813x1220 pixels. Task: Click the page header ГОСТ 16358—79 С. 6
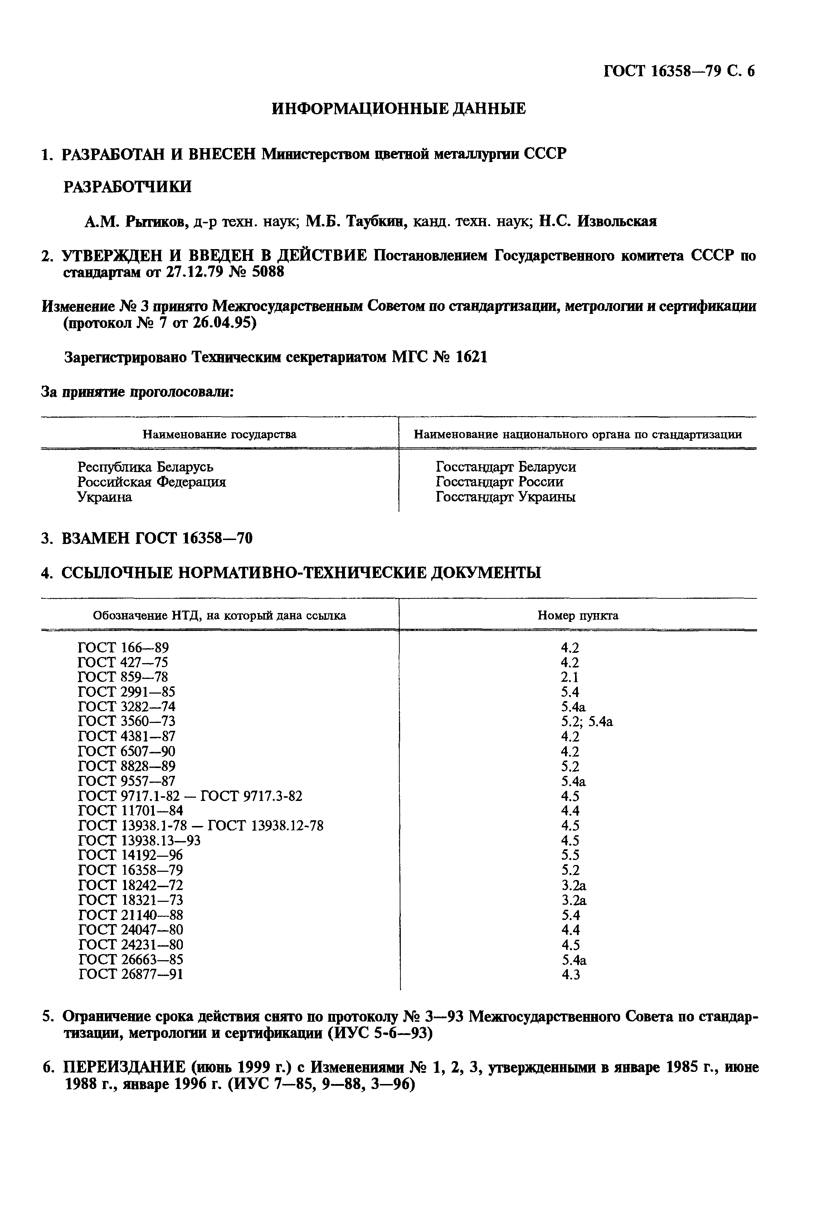coord(679,71)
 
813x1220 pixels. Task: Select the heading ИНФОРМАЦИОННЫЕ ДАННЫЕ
coord(399,109)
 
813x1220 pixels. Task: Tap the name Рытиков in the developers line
coord(156,222)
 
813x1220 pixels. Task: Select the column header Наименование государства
coord(219,434)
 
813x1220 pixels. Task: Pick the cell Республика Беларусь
coord(145,467)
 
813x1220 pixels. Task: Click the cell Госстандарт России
coord(499,482)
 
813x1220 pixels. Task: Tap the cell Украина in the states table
coord(105,497)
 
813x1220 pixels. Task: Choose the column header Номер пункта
coord(578,616)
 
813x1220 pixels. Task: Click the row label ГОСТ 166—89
coord(123,648)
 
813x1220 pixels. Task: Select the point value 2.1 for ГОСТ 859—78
coord(570,677)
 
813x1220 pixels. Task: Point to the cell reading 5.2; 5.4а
coord(587,722)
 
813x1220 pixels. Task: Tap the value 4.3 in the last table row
coord(570,975)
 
